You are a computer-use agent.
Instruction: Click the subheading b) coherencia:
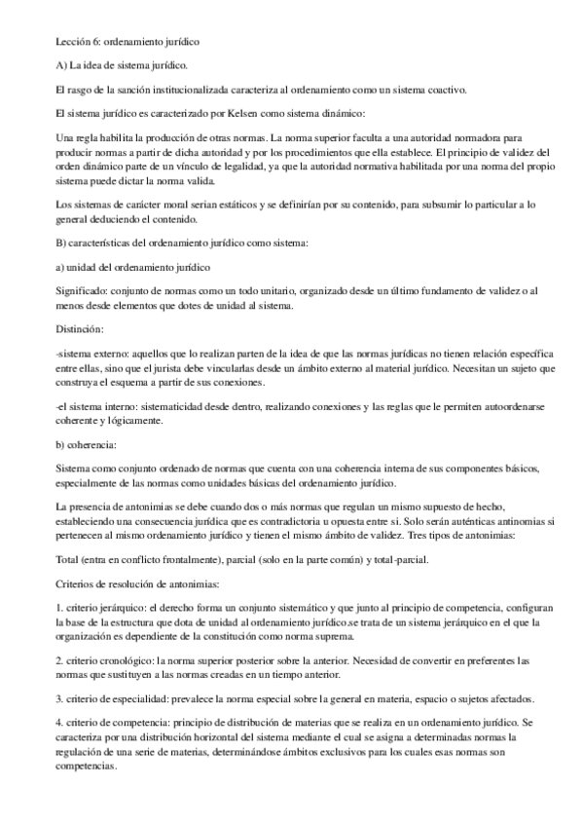87,444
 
